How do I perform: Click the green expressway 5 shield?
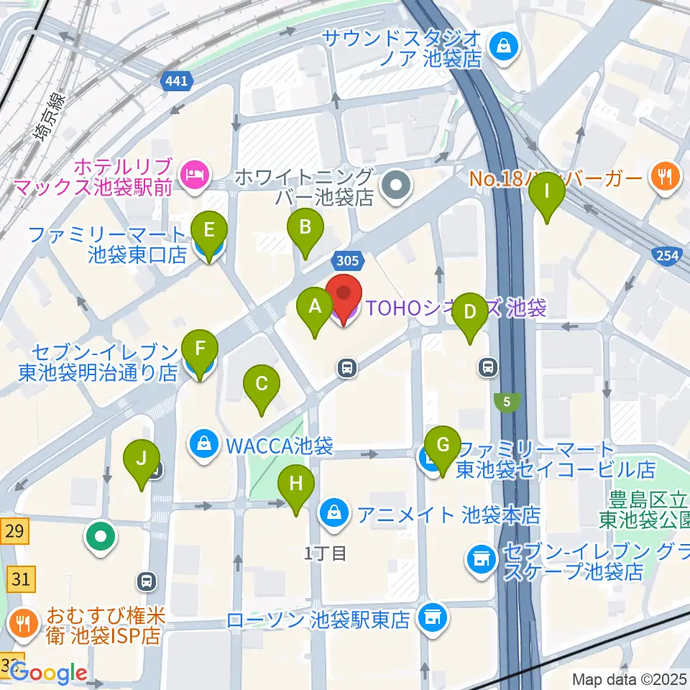click(x=507, y=402)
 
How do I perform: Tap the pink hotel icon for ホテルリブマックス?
click(x=195, y=172)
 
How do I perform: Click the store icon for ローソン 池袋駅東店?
click(x=431, y=617)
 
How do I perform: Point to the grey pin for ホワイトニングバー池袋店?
click(x=396, y=187)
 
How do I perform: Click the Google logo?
click(x=48, y=673)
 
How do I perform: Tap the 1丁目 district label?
click(x=325, y=553)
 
